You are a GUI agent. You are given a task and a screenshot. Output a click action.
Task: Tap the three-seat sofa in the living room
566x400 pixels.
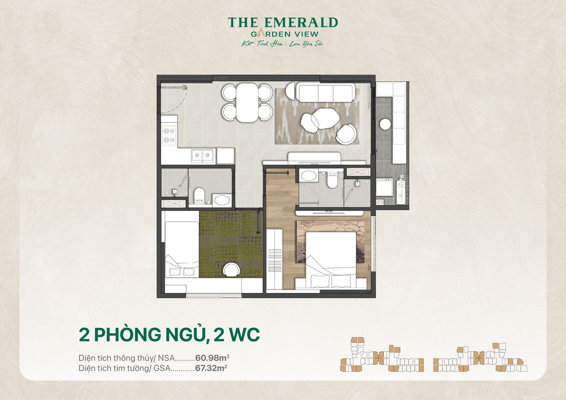pos(326,92)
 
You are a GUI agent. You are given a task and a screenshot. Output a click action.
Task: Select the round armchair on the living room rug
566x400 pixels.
pos(347,133)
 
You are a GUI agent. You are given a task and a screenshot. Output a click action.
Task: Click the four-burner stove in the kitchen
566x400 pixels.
pos(168,135)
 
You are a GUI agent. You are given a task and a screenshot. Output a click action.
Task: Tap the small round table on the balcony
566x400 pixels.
pos(386,124)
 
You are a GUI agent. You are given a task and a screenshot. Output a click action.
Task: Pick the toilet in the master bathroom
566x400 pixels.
pos(332,179)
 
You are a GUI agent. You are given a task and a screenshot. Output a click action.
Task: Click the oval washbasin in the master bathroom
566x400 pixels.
pos(309,176)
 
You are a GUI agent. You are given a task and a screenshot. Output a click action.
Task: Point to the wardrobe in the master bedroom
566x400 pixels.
pos(275,259)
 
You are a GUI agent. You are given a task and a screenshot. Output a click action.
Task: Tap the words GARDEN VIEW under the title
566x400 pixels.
pos(283,33)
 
